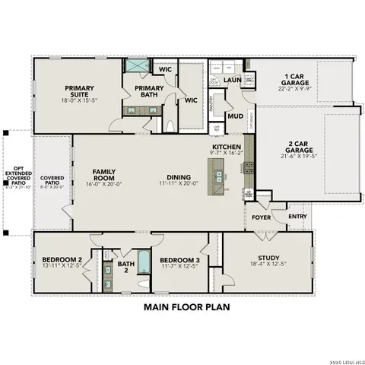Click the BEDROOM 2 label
pyautogui.click(x=62, y=261)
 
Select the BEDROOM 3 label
pyautogui.click(x=179, y=261)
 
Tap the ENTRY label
pyautogui.click(x=297, y=217)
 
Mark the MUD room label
pyautogui.click(x=235, y=116)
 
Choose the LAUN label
pyautogui.click(x=232, y=79)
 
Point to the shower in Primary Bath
pyautogui.click(x=138, y=67)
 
